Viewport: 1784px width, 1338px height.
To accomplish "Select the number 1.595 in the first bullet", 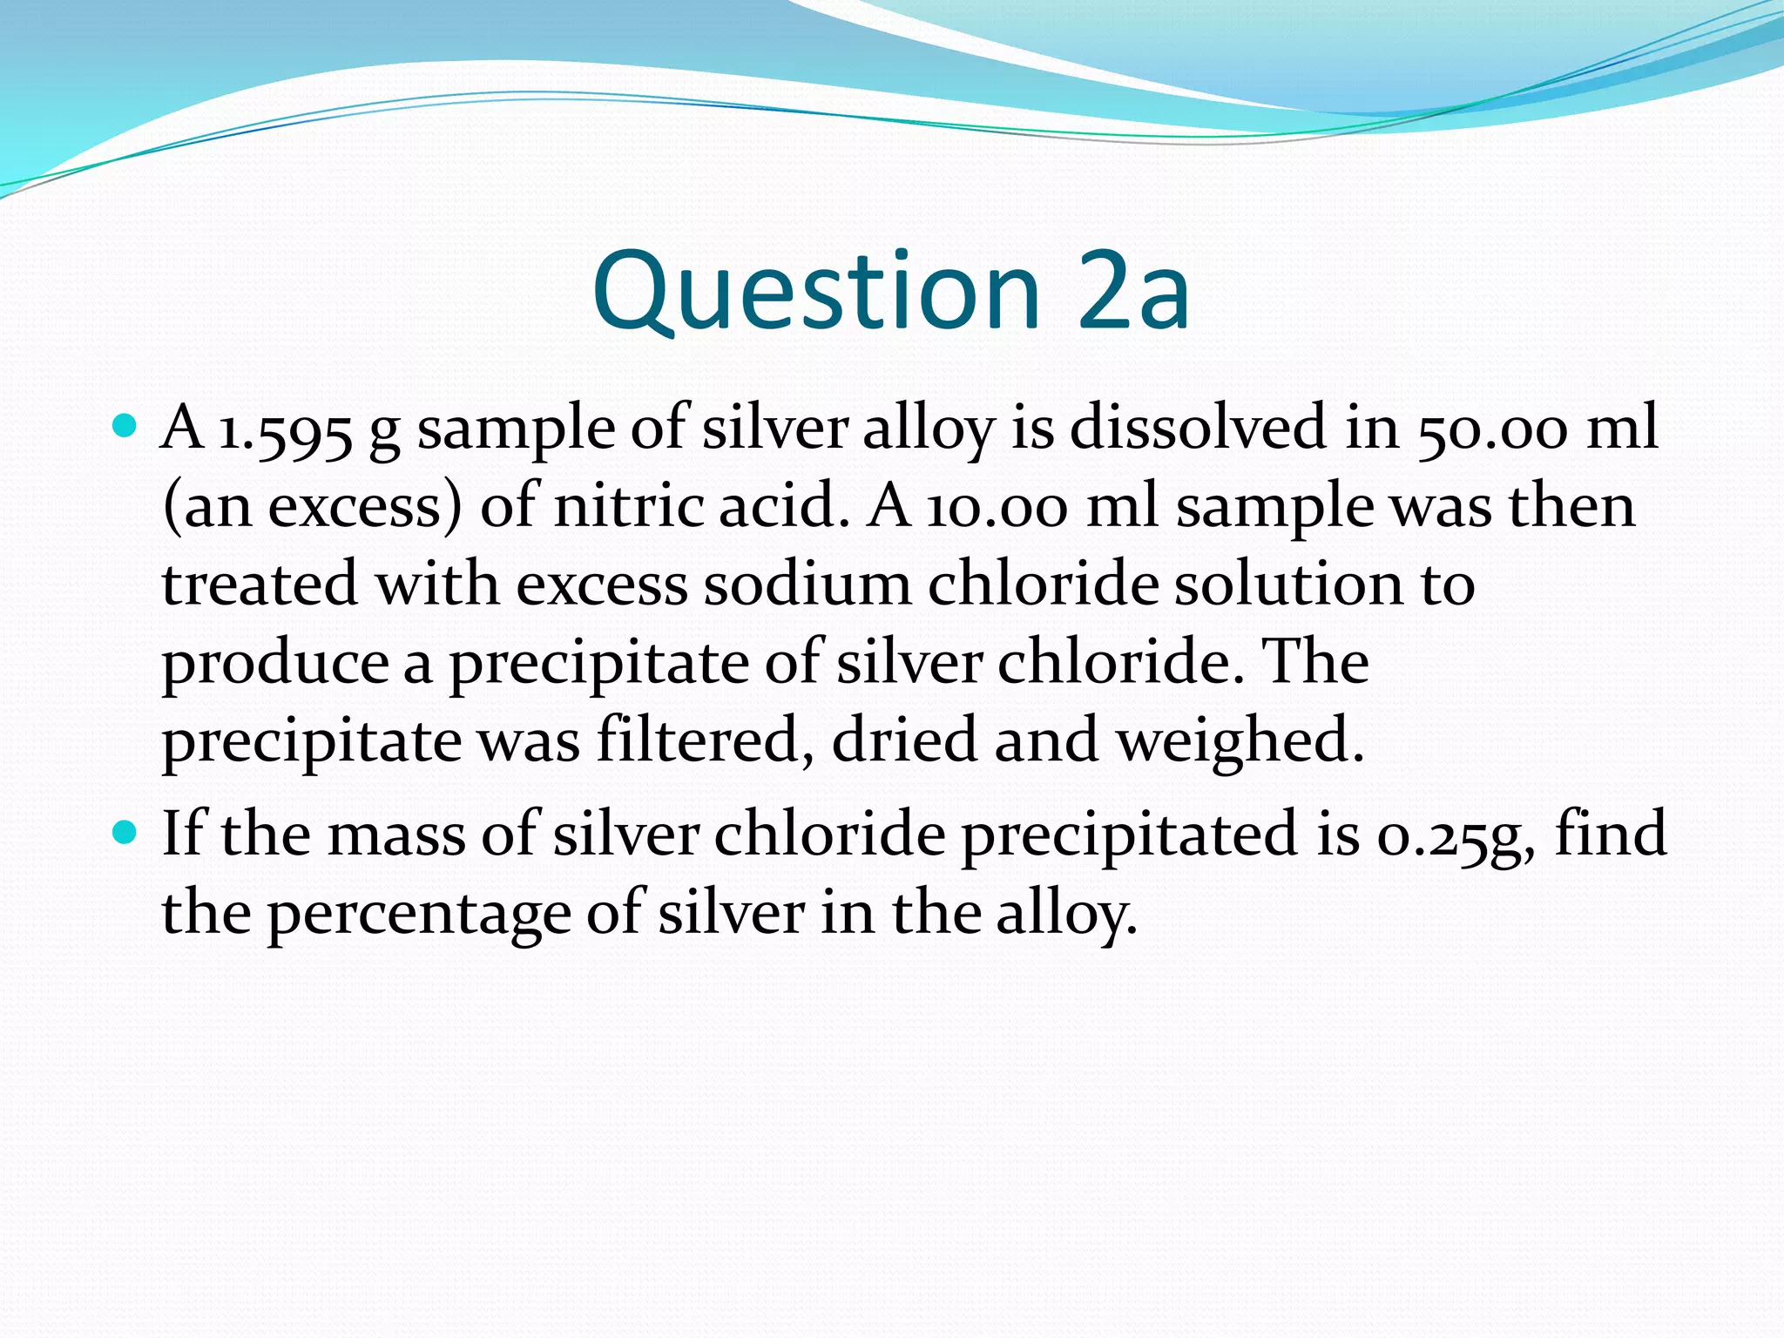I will (285, 429).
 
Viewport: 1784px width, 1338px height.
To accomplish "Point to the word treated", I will (260, 585).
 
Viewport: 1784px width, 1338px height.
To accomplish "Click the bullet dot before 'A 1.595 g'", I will (126, 428).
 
